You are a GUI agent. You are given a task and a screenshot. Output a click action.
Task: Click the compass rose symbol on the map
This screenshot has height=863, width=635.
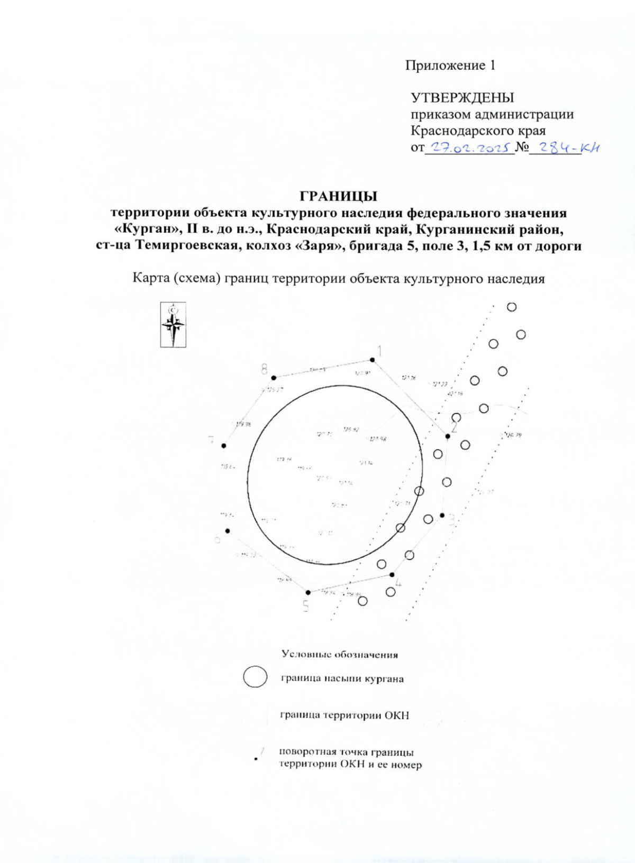pyautogui.click(x=173, y=324)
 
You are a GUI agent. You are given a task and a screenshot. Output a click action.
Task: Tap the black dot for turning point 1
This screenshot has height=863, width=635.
pyautogui.click(x=373, y=360)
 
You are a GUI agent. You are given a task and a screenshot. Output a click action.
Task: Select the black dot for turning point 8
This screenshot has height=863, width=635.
pyautogui.click(x=274, y=378)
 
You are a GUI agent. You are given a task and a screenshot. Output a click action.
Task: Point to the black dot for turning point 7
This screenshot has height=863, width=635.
pyautogui.click(x=224, y=446)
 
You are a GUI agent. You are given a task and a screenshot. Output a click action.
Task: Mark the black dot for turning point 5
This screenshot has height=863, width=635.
pyautogui.click(x=308, y=593)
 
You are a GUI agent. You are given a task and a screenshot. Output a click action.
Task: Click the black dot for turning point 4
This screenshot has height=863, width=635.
pyautogui.click(x=392, y=575)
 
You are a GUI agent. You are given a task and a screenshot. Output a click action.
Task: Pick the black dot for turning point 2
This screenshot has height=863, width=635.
pyautogui.click(x=448, y=436)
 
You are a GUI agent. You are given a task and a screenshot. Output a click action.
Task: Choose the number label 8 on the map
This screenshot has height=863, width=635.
pyautogui.click(x=264, y=369)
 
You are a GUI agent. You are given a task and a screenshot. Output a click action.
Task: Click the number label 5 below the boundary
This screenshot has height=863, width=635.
pyautogui.click(x=305, y=606)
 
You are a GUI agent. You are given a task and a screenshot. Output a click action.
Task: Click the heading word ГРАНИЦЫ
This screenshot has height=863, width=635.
pyautogui.click(x=339, y=196)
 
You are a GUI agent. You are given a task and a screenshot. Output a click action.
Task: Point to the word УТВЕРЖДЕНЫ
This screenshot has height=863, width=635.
pyautogui.click(x=462, y=98)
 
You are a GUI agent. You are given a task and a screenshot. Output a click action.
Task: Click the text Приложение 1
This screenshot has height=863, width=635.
pyautogui.click(x=450, y=66)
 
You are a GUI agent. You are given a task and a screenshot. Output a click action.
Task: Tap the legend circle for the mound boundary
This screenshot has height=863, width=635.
pyautogui.click(x=255, y=677)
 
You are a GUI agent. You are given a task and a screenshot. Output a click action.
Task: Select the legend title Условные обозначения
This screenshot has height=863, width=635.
pyautogui.click(x=340, y=655)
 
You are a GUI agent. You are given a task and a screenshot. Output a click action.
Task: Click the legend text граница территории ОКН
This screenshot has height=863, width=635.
pyautogui.click(x=344, y=715)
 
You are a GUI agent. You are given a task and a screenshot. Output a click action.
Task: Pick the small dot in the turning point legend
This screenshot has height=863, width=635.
pyautogui.click(x=256, y=759)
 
